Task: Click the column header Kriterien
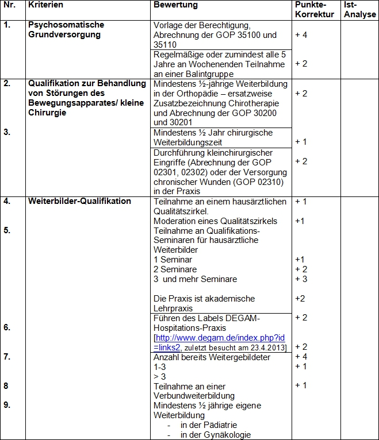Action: (x=45, y=5)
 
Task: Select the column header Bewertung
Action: (x=175, y=5)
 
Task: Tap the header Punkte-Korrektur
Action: (x=314, y=10)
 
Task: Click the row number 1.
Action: (x=7, y=25)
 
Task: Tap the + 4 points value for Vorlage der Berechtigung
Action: (x=301, y=35)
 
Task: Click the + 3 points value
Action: (x=301, y=279)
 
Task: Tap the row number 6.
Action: (x=7, y=328)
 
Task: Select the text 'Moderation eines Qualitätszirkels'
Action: (x=215, y=221)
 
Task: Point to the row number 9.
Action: (x=7, y=406)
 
